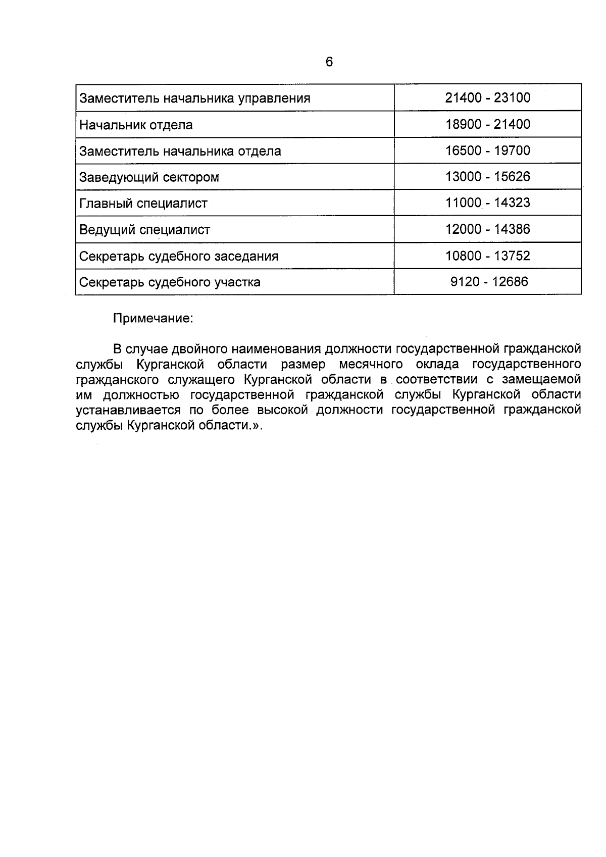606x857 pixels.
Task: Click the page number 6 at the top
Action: click(329, 62)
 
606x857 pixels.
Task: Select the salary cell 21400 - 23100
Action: click(487, 97)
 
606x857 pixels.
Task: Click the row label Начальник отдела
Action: click(136, 125)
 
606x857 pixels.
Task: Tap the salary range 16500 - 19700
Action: click(487, 150)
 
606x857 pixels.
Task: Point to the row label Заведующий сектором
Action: click(149, 177)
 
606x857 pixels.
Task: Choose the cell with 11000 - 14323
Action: click(487, 203)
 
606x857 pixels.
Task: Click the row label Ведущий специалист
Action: click(145, 230)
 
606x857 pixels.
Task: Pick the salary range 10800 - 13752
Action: click(487, 256)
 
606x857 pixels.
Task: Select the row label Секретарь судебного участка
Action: click(170, 282)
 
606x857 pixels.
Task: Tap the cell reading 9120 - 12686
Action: click(489, 281)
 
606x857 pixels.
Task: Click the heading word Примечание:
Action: click(153, 319)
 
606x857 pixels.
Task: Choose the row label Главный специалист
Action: click(143, 204)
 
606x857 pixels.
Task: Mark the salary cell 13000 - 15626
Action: click(487, 177)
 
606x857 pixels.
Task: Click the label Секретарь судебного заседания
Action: click(179, 256)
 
